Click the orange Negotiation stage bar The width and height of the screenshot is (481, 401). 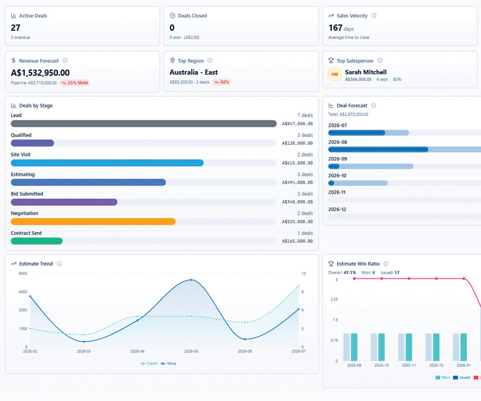[93, 221]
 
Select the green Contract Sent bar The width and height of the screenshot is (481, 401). [37, 241]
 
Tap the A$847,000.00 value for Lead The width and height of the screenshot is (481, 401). [297, 124]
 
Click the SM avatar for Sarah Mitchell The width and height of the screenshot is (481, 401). [334, 74]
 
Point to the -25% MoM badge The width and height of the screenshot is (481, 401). [74, 83]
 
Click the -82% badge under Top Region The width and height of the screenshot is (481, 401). [221, 82]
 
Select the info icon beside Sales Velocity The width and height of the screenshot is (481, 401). [374, 16]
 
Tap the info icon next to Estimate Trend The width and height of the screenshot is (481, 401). [59, 264]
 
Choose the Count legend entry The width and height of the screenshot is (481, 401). [149, 364]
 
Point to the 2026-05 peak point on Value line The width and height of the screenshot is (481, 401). [191, 280]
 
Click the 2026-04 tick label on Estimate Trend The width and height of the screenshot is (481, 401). [138, 351]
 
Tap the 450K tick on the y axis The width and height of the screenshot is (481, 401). [23, 292]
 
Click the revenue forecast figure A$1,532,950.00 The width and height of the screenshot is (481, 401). [40, 73]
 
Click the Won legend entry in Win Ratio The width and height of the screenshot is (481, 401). [442, 377]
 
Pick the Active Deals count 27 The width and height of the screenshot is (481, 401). [16, 28]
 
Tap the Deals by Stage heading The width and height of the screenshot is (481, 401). [36, 106]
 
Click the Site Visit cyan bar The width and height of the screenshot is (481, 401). [107, 163]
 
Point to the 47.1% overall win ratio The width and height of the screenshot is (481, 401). [350, 272]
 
